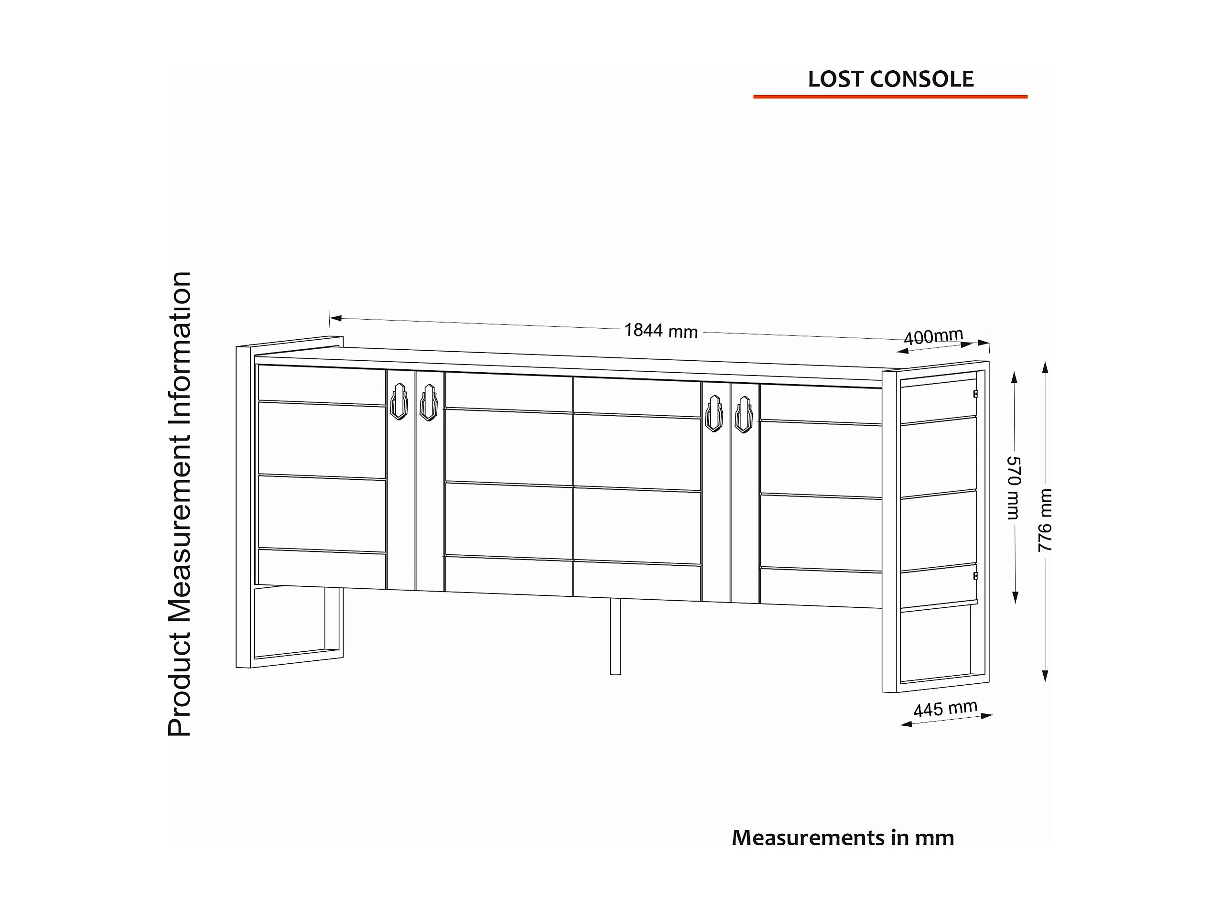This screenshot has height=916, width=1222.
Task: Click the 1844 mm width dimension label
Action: (661, 330)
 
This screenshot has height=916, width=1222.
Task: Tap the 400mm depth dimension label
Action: (933, 336)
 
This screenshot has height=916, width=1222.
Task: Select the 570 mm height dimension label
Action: (1014, 488)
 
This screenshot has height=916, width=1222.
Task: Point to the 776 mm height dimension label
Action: (1045, 520)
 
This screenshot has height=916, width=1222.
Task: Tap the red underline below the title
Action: (890, 97)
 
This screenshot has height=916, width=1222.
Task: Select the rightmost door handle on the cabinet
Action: (744, 414)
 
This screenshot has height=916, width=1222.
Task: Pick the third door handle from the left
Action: (714, 413)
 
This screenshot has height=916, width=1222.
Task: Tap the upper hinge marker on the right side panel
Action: (975, 394)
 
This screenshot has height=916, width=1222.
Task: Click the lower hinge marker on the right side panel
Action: (975, 576)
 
